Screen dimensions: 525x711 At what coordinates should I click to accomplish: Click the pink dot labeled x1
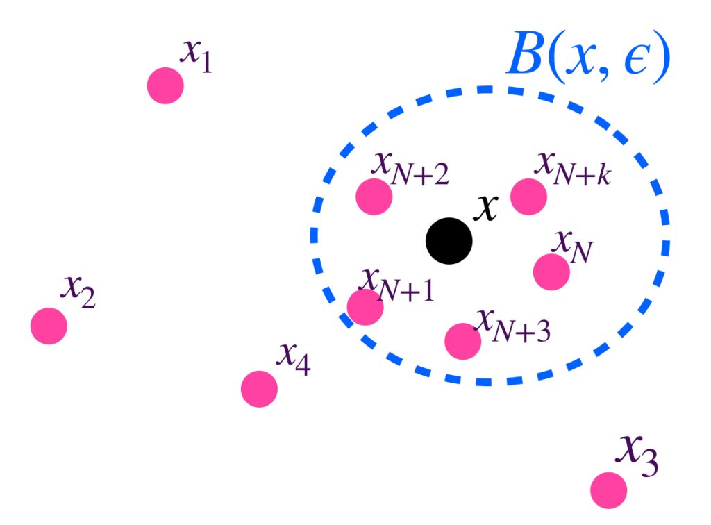point(165,85)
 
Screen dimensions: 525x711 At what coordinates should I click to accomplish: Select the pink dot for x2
point(49,326)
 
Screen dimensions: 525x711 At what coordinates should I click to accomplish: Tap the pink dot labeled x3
point(609,490)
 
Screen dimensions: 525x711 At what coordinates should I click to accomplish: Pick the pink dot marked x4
point(259,389)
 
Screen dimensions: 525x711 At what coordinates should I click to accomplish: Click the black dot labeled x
point(449,241)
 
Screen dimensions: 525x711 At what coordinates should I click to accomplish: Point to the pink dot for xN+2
point(374,197)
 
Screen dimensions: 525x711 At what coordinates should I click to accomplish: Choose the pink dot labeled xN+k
point(528,197)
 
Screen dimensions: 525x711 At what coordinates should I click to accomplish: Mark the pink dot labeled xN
point(551,272)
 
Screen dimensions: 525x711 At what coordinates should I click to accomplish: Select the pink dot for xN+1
point(365,307)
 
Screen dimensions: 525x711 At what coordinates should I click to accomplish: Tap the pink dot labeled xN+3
point(462,340)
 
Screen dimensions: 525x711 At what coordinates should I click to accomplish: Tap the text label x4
point(294,358)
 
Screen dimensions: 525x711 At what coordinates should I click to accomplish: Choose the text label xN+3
point(512,325)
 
